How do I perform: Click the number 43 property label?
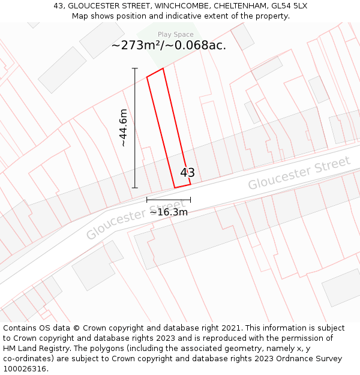187,173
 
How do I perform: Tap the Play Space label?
175,35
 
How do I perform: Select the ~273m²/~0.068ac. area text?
169,46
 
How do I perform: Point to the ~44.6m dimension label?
123,128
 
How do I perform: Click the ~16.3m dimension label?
169,212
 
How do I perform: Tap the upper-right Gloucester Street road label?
299,173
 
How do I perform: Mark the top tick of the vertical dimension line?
134,68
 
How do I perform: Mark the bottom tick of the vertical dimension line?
134,188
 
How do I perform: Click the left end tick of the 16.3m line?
147,200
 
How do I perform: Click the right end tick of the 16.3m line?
191,200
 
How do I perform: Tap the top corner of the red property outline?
163,68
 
